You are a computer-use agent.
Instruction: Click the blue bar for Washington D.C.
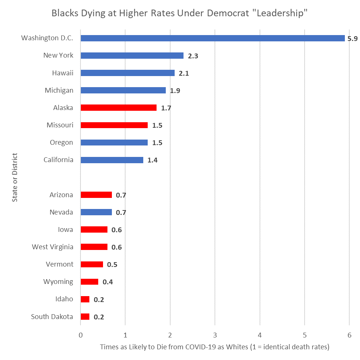click(x=212, y=38)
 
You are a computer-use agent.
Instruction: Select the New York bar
click(x=132, y=56)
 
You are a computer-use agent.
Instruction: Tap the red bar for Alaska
click(x=119, y=108)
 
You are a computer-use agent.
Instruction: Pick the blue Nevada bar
click(x=96, y=212)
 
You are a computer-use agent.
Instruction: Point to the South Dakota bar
click(x=85, y=317)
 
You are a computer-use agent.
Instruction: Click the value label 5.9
click(x=352, y=38)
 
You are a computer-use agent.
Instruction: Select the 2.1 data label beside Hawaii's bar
click(x=184, y=73)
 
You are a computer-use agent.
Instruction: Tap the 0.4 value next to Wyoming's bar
click(x=107, y=282)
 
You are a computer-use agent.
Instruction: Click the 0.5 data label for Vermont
click(x=112, y=265)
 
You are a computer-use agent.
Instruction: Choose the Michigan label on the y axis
click(x=59, y=90)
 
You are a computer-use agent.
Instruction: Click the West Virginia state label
click(x=52, y=247)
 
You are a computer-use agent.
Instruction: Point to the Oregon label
click(x=61, y=143)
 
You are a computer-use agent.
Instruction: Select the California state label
click(x=58, y=160)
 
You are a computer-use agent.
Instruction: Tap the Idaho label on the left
click(x=64, y=299)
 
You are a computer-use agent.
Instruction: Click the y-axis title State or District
click(x=15, y=178)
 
